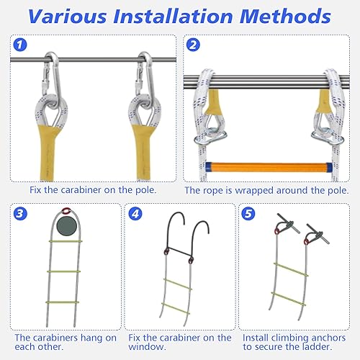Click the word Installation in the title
pos(173,17)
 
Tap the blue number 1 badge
pos(20,45)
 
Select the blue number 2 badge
pos(193,45)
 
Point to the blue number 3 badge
pos(20,214)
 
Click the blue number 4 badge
pos(135,214)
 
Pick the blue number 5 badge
pos(248,214)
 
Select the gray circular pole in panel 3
pos(66,226)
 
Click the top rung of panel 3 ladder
pos(66,241)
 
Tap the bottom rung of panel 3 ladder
pos(63,302)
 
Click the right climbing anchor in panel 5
pos(318,234)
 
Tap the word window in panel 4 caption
pos(147,347)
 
